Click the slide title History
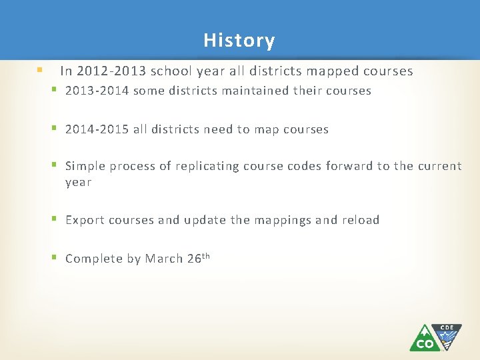[x=239, y=41]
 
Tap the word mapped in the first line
[x=335, y=71]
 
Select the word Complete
[x=93, y=259]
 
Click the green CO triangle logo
[x=423, y=339]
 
